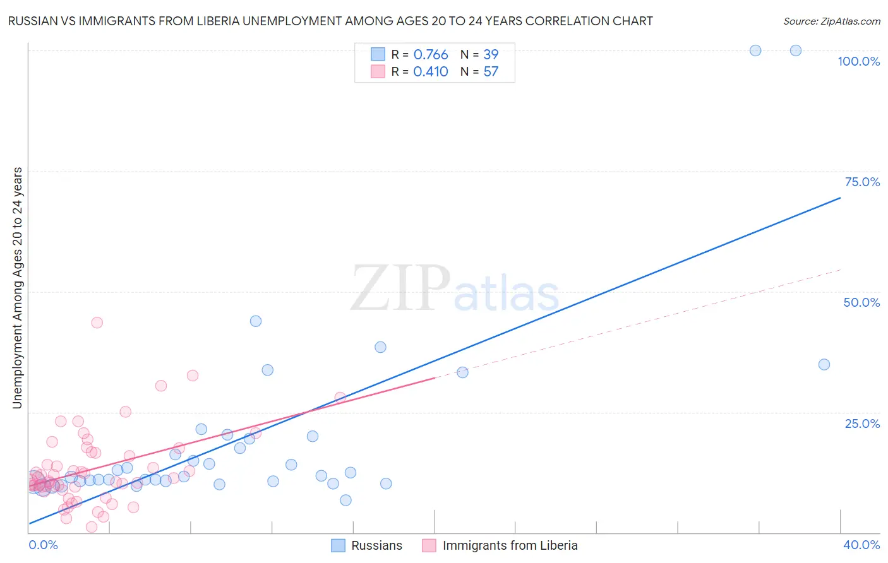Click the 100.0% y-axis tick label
coord(858,61)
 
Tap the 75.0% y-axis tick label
coord(862,182)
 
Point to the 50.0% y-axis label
coord(861,302)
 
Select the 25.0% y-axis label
coord(862,423)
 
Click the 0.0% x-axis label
coord(43,545)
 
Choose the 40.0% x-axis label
coord(861,545)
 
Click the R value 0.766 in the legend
coord(431,55)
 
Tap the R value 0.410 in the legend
coord(431,72)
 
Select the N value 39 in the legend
coord(491,55)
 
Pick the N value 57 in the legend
coord(491,72)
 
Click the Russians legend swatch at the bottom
coord(339,545)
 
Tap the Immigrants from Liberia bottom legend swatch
coord(429,545)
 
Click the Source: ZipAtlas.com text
coord(831,21)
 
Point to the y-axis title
coord(17,288)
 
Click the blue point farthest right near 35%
coord(824,364)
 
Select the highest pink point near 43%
coord(97,323)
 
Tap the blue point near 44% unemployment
coord(255,321)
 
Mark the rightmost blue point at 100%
coord(796,50)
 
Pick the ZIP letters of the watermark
coord(400,288)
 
